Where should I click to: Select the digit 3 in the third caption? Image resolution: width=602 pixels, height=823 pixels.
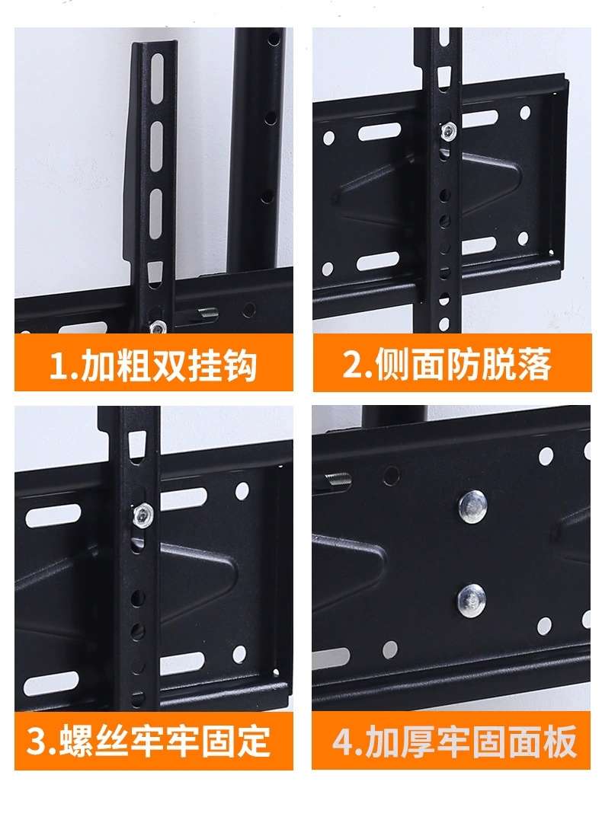pos(36,741)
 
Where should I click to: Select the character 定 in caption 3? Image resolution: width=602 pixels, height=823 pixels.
pos(253,741)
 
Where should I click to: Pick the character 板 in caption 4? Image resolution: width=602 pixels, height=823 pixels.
pos(560,741)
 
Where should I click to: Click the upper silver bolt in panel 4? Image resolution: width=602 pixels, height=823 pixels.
pos(472,506)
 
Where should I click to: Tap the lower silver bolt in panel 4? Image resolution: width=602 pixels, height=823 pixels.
pos(471,600)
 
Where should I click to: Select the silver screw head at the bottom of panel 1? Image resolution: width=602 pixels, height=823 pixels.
pos(157,327)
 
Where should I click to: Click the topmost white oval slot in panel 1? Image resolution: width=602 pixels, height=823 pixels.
pos(157,77)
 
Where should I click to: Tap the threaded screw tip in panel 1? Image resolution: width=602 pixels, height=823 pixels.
pos(208,314)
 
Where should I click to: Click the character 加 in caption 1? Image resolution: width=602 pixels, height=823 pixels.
pos(98,366)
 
